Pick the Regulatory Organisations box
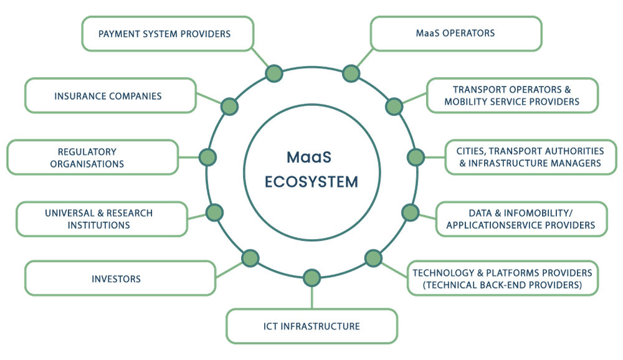pos(92,157)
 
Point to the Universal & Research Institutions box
pos(100,219)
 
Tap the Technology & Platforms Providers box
pos(503,278)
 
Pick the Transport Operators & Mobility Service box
pos(512,95)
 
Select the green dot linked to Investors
pos(250,257)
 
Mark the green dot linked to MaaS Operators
pos(351,74)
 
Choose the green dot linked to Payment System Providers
pos(273,74)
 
